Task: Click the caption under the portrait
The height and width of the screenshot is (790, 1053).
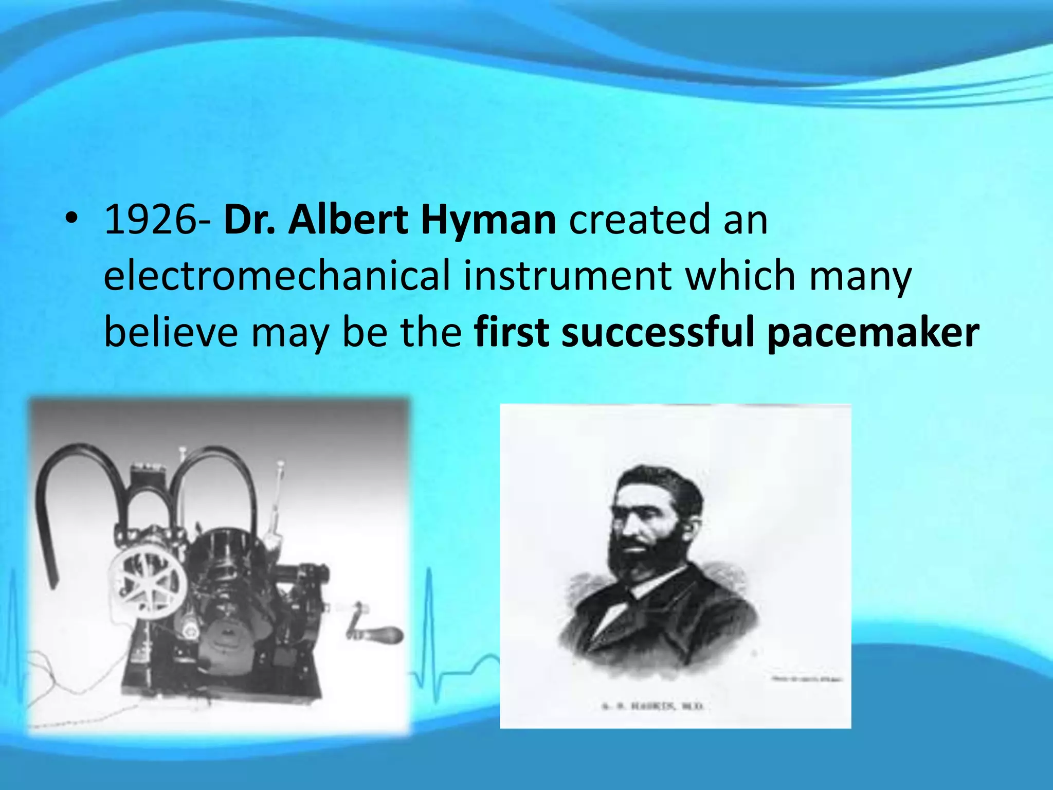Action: [652, 707]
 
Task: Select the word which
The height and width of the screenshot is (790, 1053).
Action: [741, 276]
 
